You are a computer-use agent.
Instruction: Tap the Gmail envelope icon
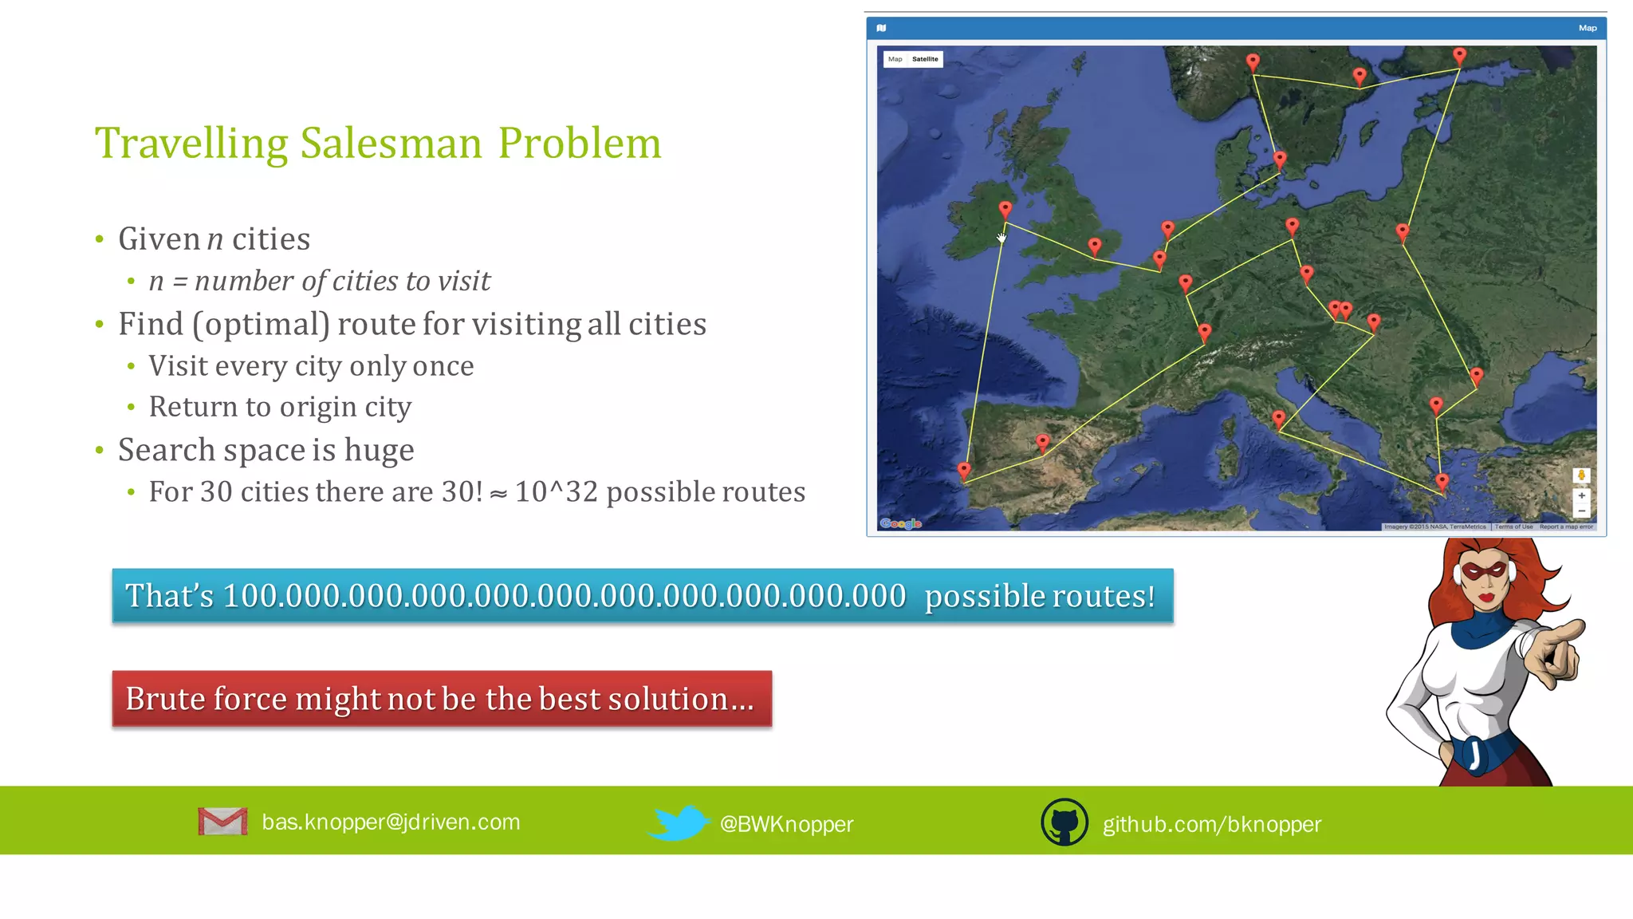pos(222,822)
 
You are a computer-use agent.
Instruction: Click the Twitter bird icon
pos(678,822)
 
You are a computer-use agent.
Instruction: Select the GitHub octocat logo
pos(1064,822)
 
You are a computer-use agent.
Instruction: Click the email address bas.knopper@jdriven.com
pos(391,822)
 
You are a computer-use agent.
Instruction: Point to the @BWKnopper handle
pos(786,824)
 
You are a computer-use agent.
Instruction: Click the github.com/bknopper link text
pos(1211,824)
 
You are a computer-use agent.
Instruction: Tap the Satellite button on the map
pos(925,59)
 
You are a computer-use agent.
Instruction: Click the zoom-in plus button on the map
pos(1581,495)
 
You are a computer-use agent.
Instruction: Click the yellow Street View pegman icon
pos(1581,475)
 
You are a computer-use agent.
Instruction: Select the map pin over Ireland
pos(1005,209)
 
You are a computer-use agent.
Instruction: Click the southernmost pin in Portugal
pos(964,471)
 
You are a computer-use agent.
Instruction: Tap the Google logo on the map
pos(900,523)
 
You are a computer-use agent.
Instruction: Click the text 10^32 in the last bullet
pos(556,492)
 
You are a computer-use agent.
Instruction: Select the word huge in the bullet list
pos(379,451)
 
